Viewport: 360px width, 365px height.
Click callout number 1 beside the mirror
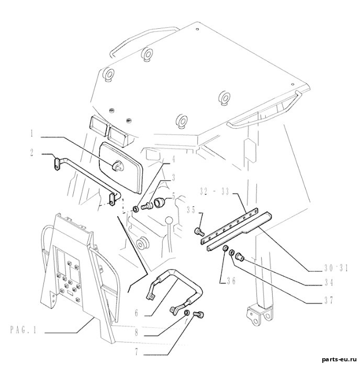pos(32,133)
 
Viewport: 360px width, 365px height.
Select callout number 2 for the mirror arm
pos(32,153)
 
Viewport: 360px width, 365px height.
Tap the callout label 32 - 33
pos(215,192)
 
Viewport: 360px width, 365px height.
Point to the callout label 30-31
pos(336,269)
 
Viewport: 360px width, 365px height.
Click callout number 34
pos(329,283)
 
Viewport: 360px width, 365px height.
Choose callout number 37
pos(329,301)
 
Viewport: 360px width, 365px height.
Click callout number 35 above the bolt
pos(192,210)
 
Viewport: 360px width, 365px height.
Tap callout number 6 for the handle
pos(137,313)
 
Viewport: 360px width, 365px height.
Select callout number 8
pos(137,333)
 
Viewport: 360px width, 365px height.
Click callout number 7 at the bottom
pos(137,352)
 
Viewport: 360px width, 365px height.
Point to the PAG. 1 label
pos(24,330)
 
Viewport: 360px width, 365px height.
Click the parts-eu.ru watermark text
pos(339,360)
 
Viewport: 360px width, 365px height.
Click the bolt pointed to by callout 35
pos(199,231)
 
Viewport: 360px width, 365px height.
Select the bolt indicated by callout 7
pos(198,315)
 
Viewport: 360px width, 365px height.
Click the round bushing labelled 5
pos(159,202)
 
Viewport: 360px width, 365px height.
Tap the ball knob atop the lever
pos(169,220)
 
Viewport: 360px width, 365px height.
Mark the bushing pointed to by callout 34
pos(239,256)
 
